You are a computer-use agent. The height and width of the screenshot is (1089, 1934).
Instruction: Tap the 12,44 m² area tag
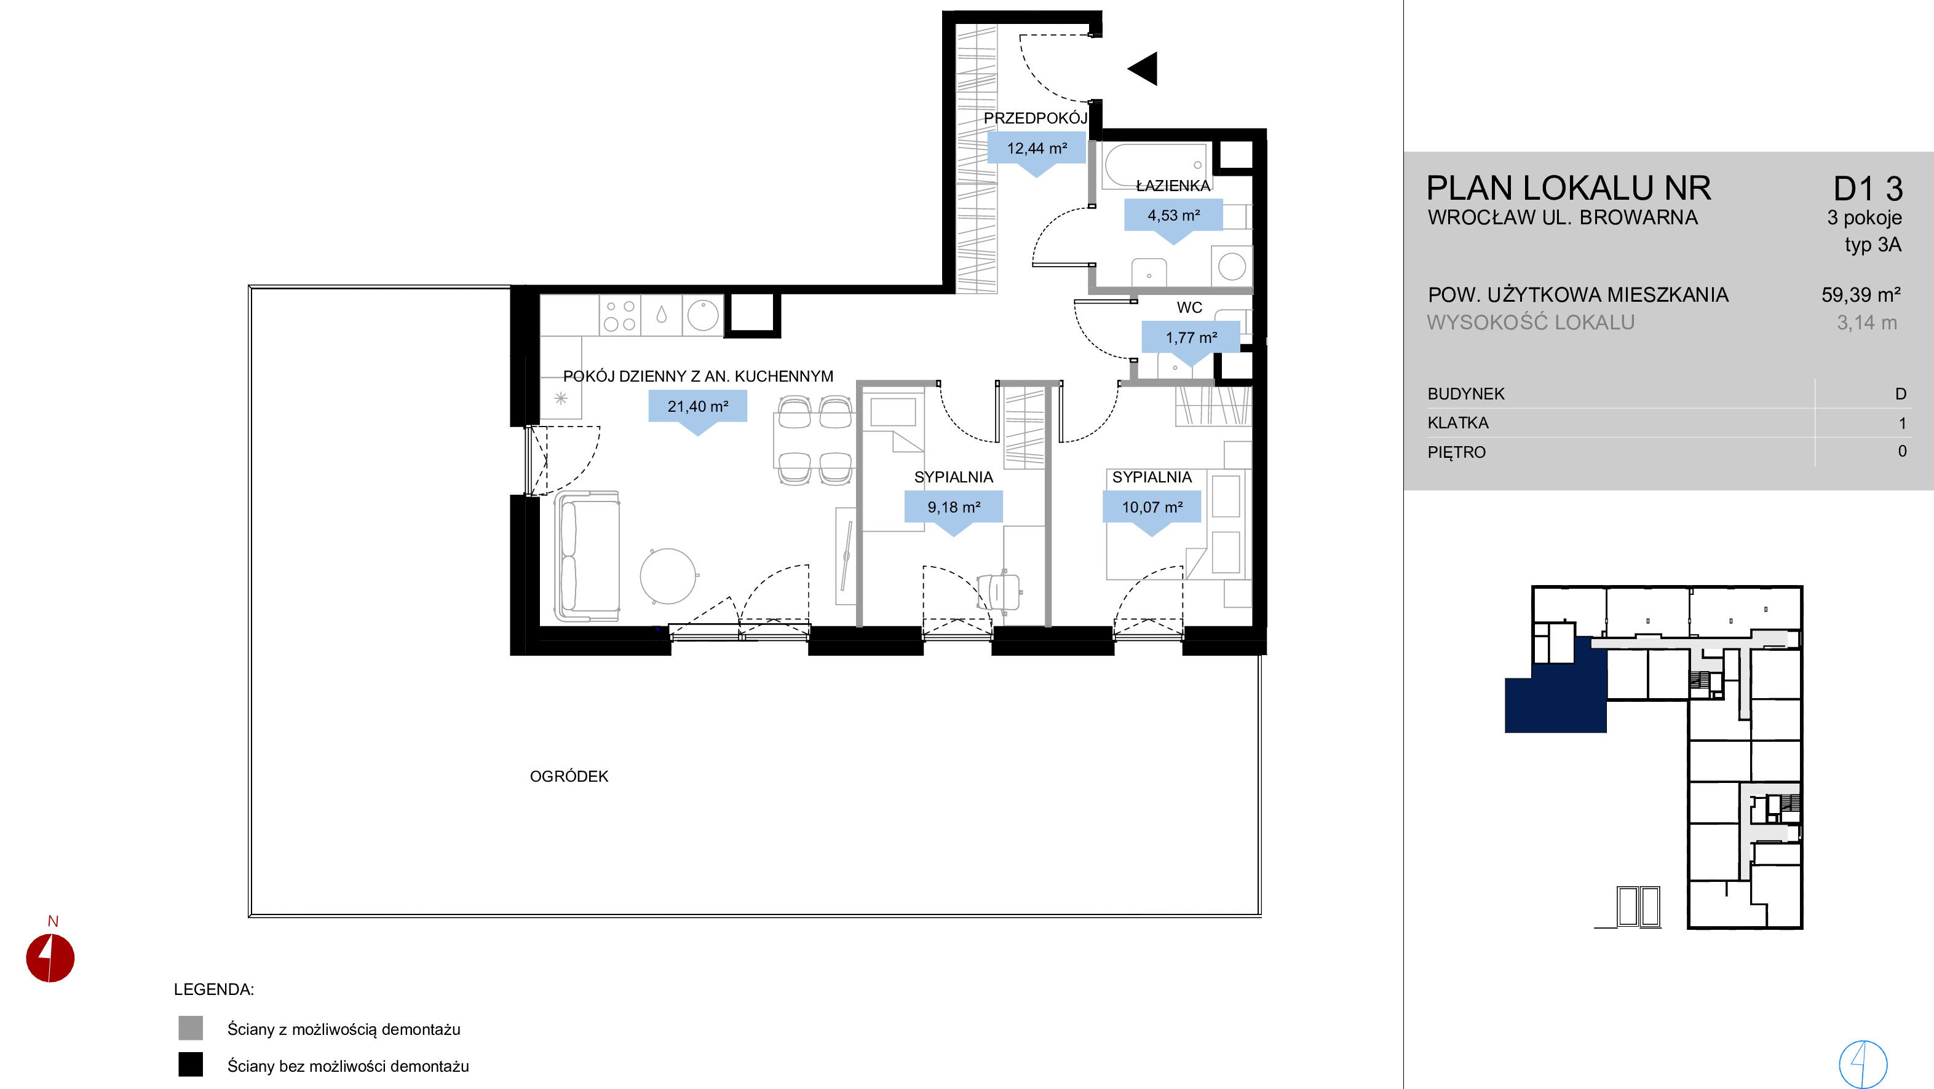point(1036,149)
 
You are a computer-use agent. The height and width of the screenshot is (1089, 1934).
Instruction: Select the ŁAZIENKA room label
point(1173,186)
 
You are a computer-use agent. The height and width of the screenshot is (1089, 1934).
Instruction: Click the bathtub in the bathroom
point(1155,166)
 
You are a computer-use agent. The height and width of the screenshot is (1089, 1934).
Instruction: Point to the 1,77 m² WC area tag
point(1191,338)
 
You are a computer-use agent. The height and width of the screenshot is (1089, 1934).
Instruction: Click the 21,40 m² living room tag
point(697,407)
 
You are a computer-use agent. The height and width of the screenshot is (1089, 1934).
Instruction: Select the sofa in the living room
point(587,557)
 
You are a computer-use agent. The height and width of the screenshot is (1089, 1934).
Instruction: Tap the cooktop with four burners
point(620,315)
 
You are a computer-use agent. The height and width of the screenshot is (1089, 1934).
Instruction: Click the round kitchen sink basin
point(703,315)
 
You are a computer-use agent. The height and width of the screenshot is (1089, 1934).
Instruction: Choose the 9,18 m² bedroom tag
point(954,508)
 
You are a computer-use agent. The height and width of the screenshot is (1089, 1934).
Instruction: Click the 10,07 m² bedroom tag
point(1152,508)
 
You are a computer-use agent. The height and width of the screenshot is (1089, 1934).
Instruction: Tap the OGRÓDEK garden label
point(569,777)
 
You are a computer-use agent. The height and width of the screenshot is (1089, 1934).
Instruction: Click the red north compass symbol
point(50,957)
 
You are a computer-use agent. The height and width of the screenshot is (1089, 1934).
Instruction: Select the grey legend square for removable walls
point(191,1028)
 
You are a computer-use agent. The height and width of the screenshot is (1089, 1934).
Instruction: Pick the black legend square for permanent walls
point(191,1065)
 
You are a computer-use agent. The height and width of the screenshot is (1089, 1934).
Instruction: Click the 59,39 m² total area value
point(1860,295)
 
